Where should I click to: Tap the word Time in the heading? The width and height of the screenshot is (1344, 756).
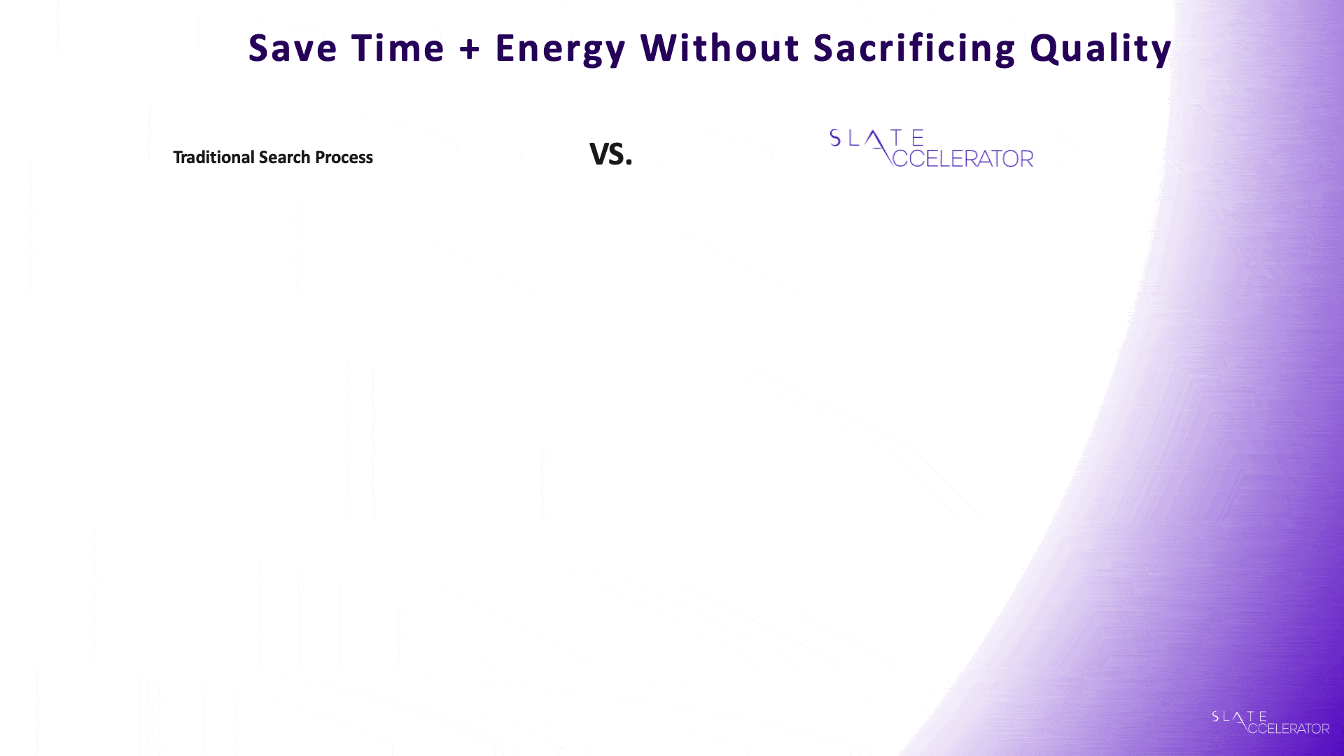click(x=398, y=48)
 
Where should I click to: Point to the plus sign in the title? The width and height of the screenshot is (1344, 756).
click(x=470, y=50)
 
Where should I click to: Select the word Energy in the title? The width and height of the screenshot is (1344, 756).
click(x=560, y=50)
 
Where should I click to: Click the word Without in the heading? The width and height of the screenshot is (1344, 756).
click(x=720, y=48)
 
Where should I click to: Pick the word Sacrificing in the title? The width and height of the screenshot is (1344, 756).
click(x=914, y=50)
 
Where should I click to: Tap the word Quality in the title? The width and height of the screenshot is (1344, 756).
click(x=1101, y=50)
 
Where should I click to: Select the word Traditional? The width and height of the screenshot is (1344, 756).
click(x=213, y=157)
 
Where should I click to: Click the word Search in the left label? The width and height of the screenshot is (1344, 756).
click(x=284, y=157)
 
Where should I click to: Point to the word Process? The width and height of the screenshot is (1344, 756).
click(x=344, y=157)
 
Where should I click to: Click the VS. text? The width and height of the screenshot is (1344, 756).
click(x=611, y=154)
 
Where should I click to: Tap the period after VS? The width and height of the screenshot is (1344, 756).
click(x=629, y=162)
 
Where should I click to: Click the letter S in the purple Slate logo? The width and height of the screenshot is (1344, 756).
click(x=835, y=138)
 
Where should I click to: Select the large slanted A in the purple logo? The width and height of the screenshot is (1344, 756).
click(x=879, y=148)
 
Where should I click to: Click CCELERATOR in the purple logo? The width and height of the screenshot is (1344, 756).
click(x=962, y=158)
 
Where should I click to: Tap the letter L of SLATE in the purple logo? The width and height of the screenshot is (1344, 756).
click(x=854, y=138)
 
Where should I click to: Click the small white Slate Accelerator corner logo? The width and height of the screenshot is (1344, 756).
click(x=1270, y=722)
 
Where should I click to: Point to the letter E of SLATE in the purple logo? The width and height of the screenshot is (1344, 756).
click(x=918, y=138)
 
